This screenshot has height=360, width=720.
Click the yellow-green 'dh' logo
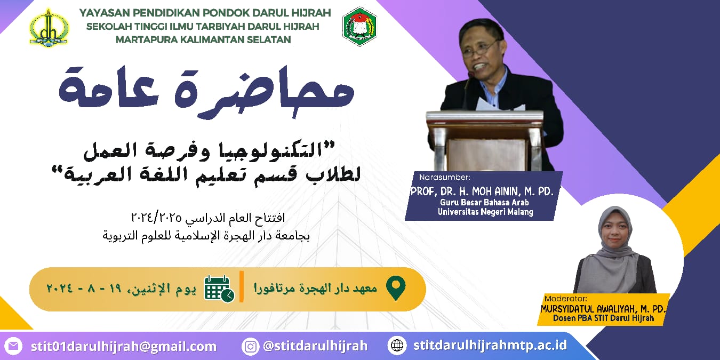click(49, 27)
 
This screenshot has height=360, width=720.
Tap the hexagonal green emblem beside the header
click(359, 27)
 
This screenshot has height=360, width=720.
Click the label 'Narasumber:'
click(445, 177)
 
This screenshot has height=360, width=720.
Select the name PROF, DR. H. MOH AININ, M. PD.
click(482, 191)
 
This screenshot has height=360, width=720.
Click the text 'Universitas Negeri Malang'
click(485, 212)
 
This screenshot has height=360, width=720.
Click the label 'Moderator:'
click(566, 299)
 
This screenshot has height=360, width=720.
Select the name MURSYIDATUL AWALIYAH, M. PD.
click(603, 309)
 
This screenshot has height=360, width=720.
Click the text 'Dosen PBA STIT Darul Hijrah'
click(603, 318)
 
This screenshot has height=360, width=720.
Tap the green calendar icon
click(219, 289)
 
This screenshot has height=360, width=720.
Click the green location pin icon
click(396, 288)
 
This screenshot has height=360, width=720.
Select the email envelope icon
click(13, 346)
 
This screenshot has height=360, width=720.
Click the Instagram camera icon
click(250, 346)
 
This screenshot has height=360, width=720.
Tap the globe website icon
click(397, 346)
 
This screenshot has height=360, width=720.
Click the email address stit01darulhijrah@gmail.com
click(124, 347)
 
